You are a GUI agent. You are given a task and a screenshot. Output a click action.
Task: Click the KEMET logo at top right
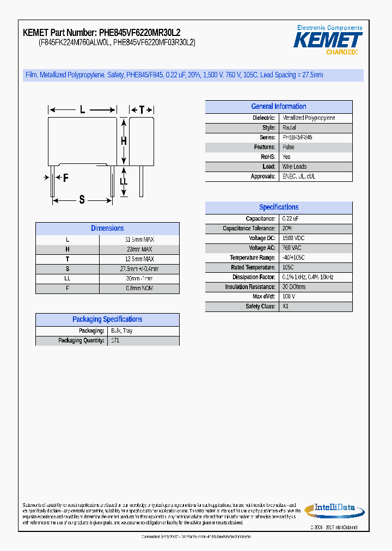coord(328,40)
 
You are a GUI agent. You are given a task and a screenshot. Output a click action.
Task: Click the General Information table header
coord(278,107)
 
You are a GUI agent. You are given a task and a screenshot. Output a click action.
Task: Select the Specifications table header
coord(278,207)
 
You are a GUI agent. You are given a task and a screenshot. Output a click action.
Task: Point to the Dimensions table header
coord(107,229)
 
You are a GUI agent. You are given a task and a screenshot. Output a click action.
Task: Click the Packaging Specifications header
coord(107,320)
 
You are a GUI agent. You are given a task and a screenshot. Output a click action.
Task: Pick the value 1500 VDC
coord(293,238)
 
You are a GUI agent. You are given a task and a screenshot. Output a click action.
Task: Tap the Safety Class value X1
coord(285,307)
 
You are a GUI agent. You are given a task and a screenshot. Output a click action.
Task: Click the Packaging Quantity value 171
coord(115,341)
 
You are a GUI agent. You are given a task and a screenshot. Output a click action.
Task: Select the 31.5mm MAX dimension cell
coord(139,240)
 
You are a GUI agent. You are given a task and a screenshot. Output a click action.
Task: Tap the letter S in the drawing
coord(82,200)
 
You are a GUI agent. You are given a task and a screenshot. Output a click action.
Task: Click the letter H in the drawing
coord(124,141)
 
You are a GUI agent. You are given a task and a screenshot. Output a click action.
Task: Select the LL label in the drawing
coord(124,181)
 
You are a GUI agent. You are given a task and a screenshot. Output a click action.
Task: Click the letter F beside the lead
coord(65,177)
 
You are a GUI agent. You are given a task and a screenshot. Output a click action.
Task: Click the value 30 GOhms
coord(294,287)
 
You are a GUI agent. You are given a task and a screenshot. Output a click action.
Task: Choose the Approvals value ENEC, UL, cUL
coord(298,176)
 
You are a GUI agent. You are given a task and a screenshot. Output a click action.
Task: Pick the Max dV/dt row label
coord(264,297)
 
